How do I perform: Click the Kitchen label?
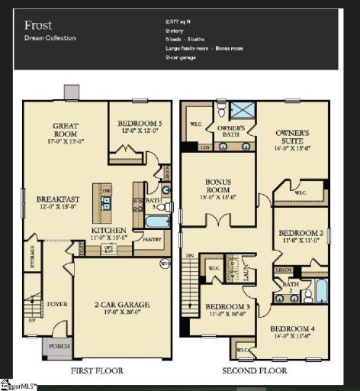[x=108, y=231]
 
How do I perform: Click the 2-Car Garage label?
[x=122, y=307]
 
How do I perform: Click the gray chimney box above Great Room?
[x=71, y=92]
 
